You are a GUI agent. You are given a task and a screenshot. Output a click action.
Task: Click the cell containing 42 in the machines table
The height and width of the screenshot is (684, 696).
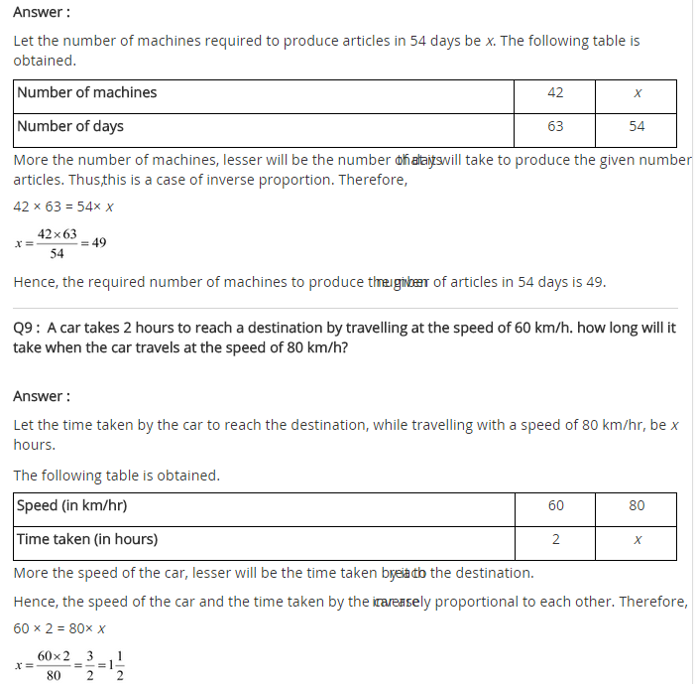(x=555, y=92)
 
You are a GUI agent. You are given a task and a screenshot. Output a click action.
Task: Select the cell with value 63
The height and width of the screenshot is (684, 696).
(x=555, y=126)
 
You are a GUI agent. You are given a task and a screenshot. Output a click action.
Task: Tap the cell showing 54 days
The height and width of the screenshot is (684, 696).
(x=637, y=126)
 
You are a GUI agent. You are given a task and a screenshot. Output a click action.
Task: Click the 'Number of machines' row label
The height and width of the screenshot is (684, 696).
(x=87, y=92)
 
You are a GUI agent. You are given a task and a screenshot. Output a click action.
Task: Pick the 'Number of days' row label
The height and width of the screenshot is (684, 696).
(x=70, y=126)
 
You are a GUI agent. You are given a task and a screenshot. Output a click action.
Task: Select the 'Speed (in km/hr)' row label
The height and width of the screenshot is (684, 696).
(x=71, y=505)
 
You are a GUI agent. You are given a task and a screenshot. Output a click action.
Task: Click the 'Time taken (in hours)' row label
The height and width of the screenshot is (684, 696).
(x=87, y=539)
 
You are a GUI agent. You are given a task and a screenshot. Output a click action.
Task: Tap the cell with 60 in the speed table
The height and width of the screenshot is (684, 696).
(x=555, y=505)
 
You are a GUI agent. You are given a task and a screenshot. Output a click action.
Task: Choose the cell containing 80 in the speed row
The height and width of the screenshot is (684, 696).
(x=637, y=505)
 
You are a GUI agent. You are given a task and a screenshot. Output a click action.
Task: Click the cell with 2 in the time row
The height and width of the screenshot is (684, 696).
(x=555, y=539)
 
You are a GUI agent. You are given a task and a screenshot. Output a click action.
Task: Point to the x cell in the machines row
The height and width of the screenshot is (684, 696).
(x=637, y=92)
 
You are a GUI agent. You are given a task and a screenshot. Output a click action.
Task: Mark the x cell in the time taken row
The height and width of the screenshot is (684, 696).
(x=637, y=539)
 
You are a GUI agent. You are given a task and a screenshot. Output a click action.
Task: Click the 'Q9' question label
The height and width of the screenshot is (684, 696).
(x=26, y=328)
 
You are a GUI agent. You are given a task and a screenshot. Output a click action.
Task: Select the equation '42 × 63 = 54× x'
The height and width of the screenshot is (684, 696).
(x=63, y=206)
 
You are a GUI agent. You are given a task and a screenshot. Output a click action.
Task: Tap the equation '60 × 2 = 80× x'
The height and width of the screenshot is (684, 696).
(x=59, y=628)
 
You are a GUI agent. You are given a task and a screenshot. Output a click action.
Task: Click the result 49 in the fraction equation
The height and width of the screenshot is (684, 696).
(x=99, y=243)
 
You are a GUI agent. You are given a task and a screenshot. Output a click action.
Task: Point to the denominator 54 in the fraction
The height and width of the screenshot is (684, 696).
(x=57, y=254)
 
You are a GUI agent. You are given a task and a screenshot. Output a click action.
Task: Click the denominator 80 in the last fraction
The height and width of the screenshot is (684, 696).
(x=54, y=675)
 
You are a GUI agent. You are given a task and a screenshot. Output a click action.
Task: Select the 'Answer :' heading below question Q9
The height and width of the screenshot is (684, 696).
(x=42, y=396)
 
